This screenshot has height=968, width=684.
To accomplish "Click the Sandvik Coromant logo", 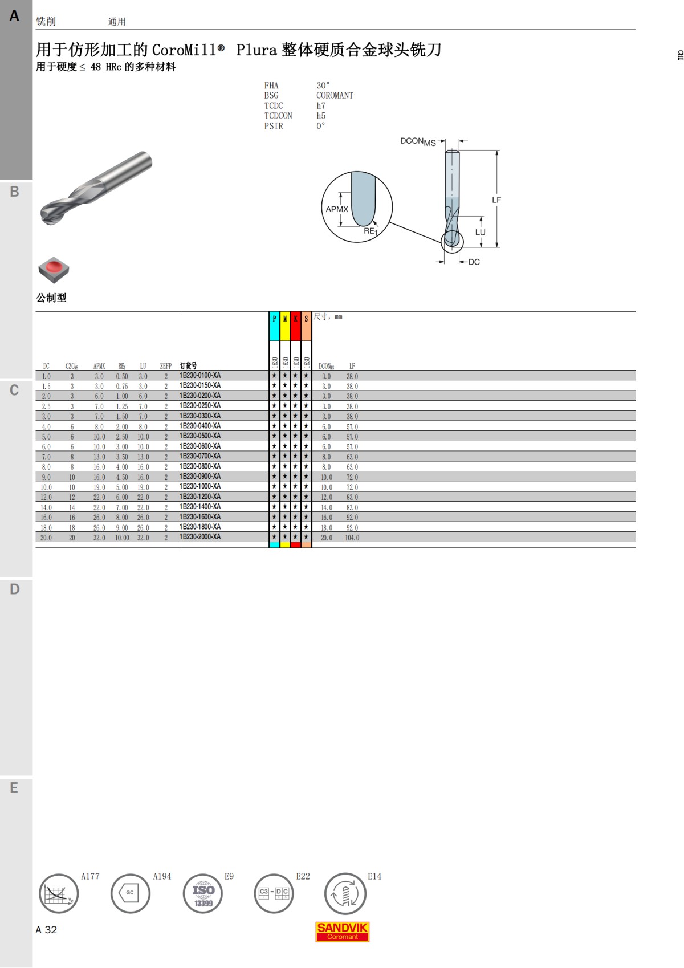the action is click(x=342, y=932).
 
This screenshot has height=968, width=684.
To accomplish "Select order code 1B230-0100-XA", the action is click(x=200, y=376).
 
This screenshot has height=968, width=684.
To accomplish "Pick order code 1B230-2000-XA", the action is click(x=200, y=536).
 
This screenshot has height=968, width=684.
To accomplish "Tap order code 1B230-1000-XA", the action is click(x=200, y=486).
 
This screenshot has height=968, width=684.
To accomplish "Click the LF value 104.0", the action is click(x=352, y=538).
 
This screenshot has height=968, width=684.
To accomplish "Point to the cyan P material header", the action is click(x=274, y=326).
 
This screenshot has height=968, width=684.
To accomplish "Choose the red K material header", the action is click(x=296, y=326).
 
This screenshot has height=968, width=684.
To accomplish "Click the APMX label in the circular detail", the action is click(x=337, y=209).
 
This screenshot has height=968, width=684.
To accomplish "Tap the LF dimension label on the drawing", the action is click(x=496, y=200).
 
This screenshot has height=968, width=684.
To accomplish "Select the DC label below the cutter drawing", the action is click(x=474, y=262).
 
